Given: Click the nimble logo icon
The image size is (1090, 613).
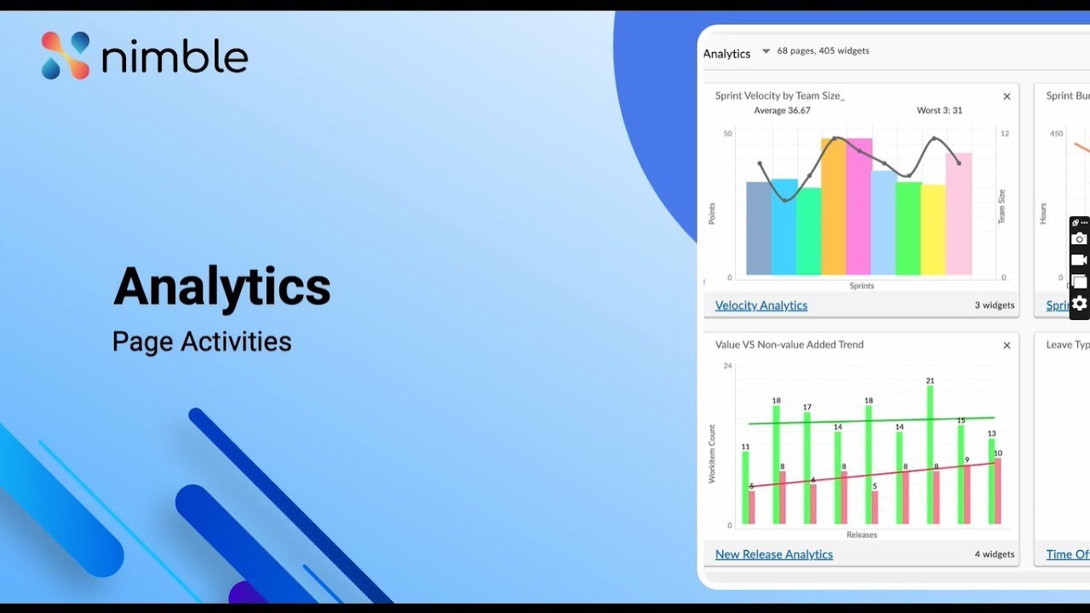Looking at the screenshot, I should [x=66, y=56].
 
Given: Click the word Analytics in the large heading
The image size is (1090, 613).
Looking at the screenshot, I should [x=221, y=286].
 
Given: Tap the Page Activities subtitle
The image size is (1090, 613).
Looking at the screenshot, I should [x=202, y=341].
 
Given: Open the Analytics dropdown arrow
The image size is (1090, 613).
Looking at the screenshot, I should [x=766, y=52].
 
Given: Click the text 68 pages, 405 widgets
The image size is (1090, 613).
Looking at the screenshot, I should [x=823, y=51].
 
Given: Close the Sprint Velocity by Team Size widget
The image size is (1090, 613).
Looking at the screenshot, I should [x=1007, y=96].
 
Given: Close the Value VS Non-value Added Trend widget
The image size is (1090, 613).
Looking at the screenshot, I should [x=1007, y=346].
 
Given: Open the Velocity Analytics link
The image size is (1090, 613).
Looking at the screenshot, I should [x=760, y=306].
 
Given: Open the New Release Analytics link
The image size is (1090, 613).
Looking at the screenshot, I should [x=773, y=554].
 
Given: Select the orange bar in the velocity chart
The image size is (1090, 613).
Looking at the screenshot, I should [x=833, y=209].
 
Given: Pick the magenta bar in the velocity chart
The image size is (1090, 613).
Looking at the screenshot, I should [x=858, y=209].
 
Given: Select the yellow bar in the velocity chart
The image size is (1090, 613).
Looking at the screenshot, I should [x=933, y=230].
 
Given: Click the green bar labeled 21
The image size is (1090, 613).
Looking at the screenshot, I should [x=930, y=455].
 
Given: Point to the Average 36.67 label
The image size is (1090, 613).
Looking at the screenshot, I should [x=782, y=111].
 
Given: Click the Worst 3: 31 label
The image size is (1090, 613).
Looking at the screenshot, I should [x=939, y=111].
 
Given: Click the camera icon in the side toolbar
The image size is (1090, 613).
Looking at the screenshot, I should [x=1079, y=239].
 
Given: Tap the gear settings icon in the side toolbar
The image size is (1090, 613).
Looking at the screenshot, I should [x=1079, y=303].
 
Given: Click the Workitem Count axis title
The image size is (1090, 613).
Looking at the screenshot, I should [x=712, y=454].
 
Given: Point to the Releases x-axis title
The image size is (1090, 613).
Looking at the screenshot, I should [x=862, y=535].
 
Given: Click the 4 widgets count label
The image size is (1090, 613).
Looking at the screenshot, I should [x=994, y=554].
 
